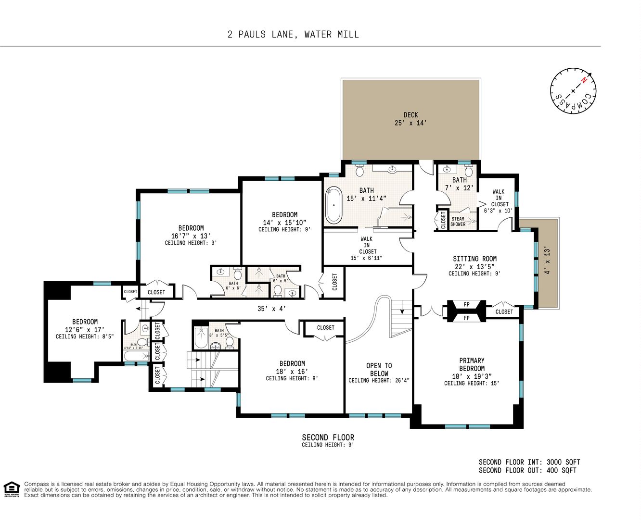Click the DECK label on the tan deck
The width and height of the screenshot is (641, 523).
pos(410,115)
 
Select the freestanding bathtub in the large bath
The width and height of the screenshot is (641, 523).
pos(333,205)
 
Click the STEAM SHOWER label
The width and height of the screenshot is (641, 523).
pos(458,221)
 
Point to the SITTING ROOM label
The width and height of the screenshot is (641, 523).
pos(474,259)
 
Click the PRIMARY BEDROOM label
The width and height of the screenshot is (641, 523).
pos(472,364)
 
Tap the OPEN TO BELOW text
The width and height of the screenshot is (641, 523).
pos(379,369)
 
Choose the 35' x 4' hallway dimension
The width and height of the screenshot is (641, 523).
pos(271,309)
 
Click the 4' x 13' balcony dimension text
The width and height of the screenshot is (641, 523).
pos(547,261)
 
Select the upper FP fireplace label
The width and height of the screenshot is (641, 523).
pos(466,304)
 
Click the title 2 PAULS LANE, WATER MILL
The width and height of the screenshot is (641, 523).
pos(293,34)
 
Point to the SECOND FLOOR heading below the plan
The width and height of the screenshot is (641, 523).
pos(328,437)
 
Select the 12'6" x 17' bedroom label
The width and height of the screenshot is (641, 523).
pos(85,329)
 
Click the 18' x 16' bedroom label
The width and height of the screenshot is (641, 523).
pos(292,371)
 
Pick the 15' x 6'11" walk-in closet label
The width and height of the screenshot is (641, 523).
pos(366,258)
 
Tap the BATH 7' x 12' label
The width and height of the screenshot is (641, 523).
pos(459,184)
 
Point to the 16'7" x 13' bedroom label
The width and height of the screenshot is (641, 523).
pos(191,236)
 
